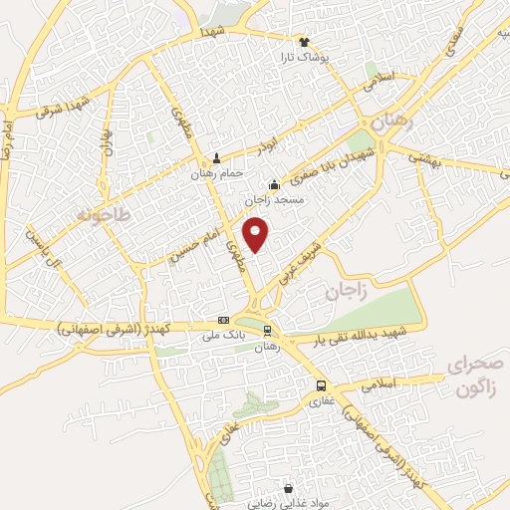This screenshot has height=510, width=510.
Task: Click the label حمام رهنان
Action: pos(216,172)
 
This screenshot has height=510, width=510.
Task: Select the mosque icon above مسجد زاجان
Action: pos(275,184)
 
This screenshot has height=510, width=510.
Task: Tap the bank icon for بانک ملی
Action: pos(224,320)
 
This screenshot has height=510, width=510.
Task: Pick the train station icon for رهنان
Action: pos(267,329)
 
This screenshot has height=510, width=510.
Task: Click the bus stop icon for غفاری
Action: pos(320,385)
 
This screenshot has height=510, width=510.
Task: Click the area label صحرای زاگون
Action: pos(476,376)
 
